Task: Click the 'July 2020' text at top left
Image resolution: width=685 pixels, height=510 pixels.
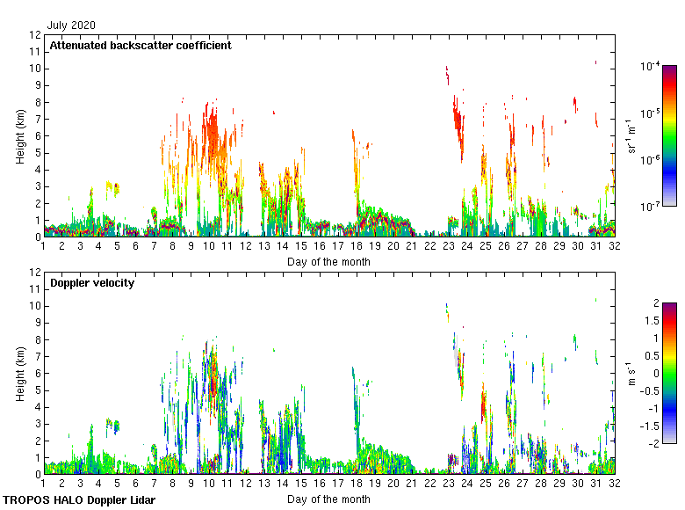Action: point(71,25)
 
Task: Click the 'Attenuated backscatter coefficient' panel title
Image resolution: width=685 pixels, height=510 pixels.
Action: point(141,45)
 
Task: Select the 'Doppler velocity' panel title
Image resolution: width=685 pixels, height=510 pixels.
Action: point(92,283)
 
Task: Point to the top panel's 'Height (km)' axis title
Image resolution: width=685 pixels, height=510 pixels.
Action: point(20,136)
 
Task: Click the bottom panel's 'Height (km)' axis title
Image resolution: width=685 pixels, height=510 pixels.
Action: point(20,374)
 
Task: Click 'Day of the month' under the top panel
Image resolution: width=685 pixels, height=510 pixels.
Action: point(328,261)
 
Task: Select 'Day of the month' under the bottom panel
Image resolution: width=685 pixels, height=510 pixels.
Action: point(328,499)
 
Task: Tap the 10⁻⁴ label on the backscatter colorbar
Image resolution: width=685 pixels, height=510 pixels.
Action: point(651,66)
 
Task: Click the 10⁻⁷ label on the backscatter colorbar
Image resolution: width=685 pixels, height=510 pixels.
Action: point(651,207)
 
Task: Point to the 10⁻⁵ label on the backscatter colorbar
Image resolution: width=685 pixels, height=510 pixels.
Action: point(651,113)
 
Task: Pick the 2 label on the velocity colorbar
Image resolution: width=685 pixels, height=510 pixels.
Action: point(655,303)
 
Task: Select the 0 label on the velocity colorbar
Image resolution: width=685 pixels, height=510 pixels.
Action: point(655,373)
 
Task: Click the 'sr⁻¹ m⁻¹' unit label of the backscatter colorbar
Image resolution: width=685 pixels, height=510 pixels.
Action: point(631,136)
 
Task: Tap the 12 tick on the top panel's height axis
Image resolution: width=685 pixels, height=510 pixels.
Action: point(35,35)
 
